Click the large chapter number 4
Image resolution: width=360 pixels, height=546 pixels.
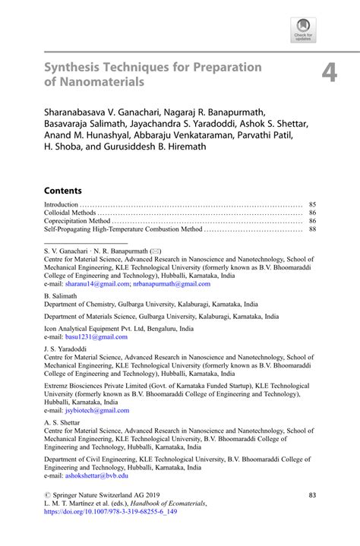[x=328, y=72]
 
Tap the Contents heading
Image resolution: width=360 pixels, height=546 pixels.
[x=62, y=191]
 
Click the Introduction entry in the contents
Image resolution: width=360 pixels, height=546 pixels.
[x=62, y=205]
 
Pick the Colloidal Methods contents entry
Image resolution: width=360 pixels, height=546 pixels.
[x=70, y=213]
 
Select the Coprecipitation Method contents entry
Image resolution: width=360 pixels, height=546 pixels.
[x=77, y=221]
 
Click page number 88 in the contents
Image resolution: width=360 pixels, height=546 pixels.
[x=311, y=229]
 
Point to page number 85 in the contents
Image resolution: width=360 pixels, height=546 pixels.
[x=311, y=205]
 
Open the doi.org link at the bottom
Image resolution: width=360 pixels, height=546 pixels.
[x=115, y=510]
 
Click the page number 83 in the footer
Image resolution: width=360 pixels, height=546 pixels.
[x=311, y=495]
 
